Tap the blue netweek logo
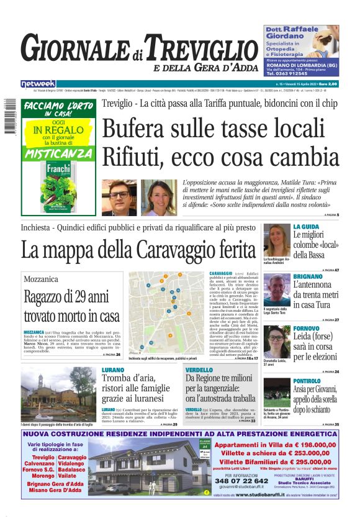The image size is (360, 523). (x=38, y=83)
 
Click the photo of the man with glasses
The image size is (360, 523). (x=119, y=198)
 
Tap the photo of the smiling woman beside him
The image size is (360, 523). (x=158, y=198)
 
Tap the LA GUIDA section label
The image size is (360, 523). (x=306, y=227)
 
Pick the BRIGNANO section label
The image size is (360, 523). (x=308, y=276)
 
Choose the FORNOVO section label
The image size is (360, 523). (x=307, y=328)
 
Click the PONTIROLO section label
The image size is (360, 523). (x=308, y=380)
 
